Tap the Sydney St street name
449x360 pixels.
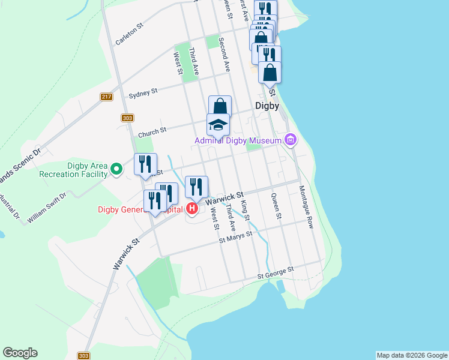tap(143, 93)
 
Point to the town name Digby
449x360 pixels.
tap(267, 106)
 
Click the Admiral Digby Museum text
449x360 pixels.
tap(237, 141)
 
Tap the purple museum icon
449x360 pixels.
tap(291, 140)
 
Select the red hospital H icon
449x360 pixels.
tap(191, 209)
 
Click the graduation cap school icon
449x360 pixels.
tap(218, 125)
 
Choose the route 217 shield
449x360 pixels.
tap(107, 97)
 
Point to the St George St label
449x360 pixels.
tap(277, 272)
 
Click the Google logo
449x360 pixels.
tap(20, 353)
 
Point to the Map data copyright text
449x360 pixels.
tap(412, 355)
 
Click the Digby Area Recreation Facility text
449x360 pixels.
tap(72, 170)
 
